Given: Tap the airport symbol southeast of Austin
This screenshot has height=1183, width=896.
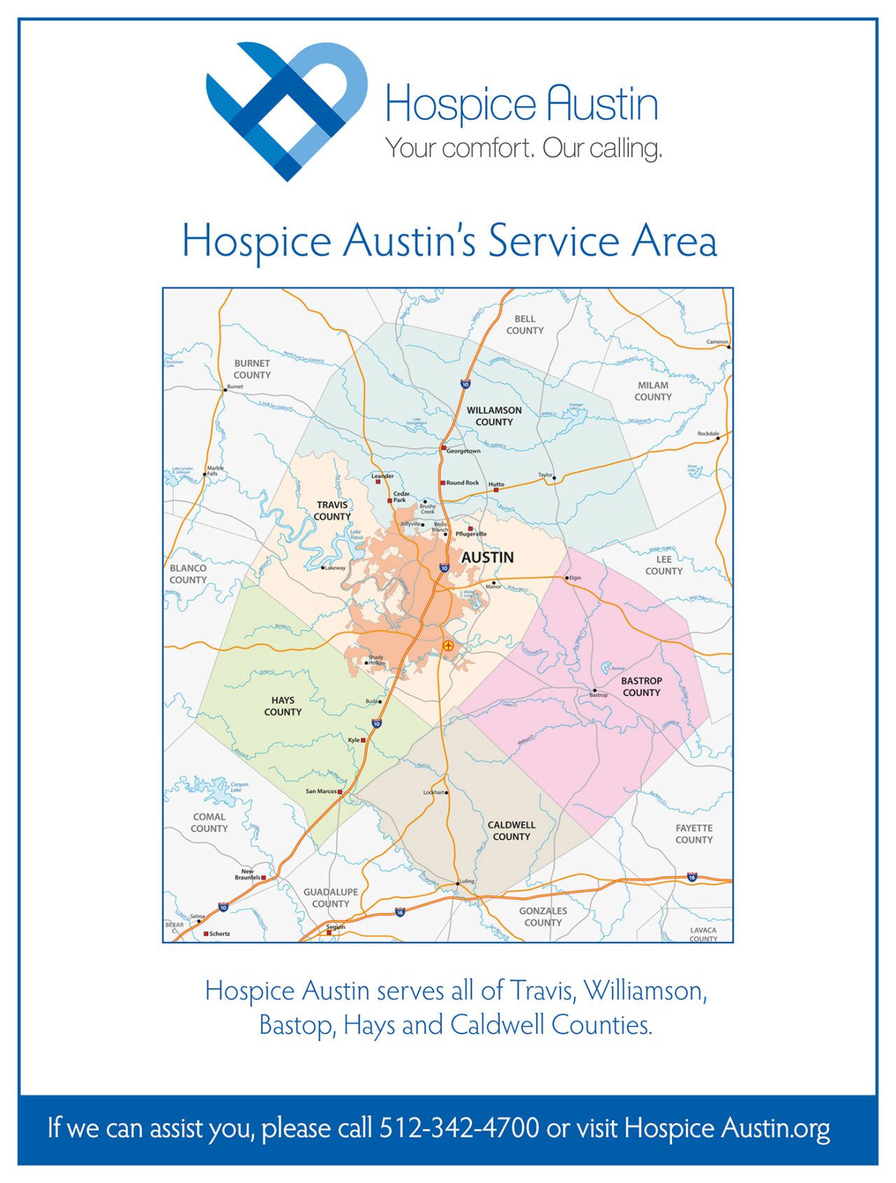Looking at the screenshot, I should [449, 646].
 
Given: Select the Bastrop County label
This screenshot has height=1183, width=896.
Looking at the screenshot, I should [641, 686].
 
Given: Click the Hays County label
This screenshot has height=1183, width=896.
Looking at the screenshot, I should [283, 706].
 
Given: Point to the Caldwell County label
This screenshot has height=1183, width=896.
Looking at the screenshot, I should [511, 831].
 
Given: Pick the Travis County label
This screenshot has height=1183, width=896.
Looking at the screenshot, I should [332, 511].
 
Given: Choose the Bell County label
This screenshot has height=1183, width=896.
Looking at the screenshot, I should [524, 324].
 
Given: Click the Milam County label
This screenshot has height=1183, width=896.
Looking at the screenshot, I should [652, 391].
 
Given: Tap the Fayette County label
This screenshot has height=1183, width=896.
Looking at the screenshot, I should [694, 833].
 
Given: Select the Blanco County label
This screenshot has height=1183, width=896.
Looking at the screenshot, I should [188, 574].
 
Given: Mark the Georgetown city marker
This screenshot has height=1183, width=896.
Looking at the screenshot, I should [443, 447].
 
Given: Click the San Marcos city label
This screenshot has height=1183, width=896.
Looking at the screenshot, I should [321, 791].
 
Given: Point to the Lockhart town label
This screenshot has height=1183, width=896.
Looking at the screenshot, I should [433, 792].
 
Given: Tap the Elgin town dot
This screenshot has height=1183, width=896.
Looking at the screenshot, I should [567, 578].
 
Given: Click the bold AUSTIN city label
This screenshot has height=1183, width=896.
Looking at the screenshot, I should [487, 558].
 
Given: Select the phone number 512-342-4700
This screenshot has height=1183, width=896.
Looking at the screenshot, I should [459, 1128].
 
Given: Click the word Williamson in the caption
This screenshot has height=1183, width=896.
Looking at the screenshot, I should [645, 990].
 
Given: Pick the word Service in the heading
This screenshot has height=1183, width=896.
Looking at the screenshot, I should [554, 241].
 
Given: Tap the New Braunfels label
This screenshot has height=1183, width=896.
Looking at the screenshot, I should [247, 874].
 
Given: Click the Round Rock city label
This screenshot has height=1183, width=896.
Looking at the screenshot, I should [463, 483].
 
